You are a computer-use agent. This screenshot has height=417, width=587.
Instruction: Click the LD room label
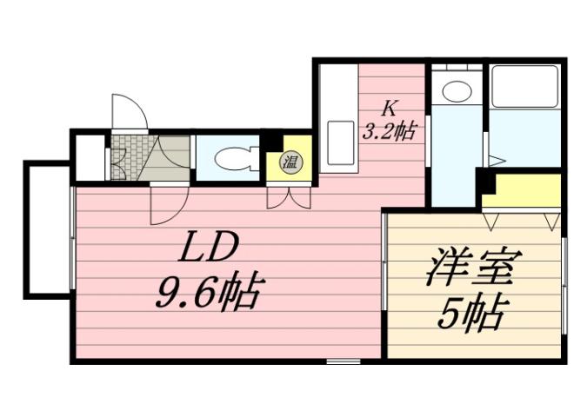pyautogui.click(x=209, y=252)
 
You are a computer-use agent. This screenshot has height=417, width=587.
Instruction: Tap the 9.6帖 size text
pyautogui.click(x=209, y=295)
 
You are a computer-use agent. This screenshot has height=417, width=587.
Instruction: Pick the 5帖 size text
pyautogui.click(x=470, y=313)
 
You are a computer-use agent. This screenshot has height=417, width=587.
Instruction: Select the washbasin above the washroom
pyautogui.click(x=454, y=89)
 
